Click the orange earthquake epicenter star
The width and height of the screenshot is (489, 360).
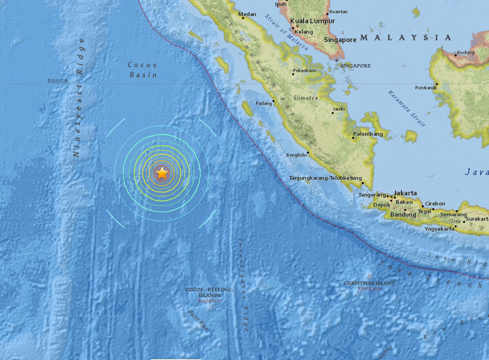[162, 173]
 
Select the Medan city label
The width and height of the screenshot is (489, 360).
[247, 14]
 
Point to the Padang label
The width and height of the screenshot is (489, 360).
[264, 104]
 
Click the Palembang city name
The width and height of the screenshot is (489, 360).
[368, 134]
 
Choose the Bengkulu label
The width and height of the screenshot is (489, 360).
[296, 155]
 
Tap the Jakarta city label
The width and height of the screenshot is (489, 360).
[405, 193]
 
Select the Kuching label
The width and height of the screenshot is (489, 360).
[466, 53]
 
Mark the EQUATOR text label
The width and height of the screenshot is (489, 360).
[58, 81]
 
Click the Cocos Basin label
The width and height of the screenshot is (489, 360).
[143, 70]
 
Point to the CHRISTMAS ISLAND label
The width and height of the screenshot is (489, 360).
[369, 283]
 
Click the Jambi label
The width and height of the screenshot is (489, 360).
[339, 109]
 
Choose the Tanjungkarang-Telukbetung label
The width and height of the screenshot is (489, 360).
[325, 178]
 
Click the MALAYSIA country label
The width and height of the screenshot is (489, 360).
[406, 38]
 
